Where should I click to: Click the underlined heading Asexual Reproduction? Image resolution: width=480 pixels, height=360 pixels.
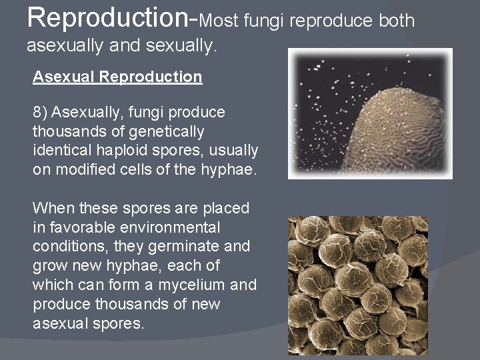pyautogui.click(x=117, y=77)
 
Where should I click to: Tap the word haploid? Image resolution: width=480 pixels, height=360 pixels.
pyautogui.click(x=132, y=150)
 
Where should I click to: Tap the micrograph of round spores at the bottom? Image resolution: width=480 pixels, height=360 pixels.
pyautogui.click(x=357, y=285)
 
